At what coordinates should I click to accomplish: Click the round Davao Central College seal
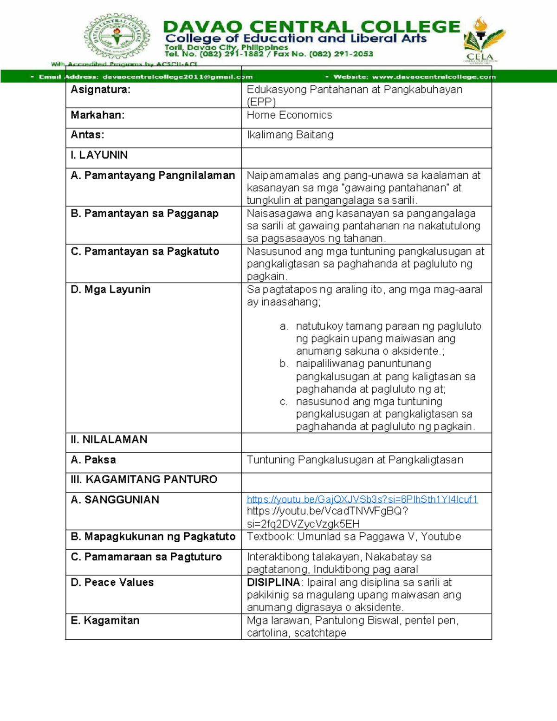[x=117, y=37]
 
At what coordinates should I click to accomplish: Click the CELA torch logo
[x=483, y=39]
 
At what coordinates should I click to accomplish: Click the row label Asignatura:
[x=101, y=90]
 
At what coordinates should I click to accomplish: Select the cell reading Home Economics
[x=289, y=115]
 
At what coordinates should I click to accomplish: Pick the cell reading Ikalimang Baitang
[x=290, y=135]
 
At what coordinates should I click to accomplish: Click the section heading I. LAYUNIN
[x=99, y=155]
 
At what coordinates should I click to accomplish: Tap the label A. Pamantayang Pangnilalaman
[x=153, y=175]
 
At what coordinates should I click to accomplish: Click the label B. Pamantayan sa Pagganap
[x=144, y=214]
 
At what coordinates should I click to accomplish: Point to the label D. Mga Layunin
[x=110, y=290]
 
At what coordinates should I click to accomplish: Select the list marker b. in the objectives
[x=284, y=364]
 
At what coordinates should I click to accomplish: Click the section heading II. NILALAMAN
[x=109, y=440]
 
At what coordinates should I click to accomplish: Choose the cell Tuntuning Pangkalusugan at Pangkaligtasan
[x=355, y=460]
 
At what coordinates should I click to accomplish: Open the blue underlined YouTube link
[x=362, y=499]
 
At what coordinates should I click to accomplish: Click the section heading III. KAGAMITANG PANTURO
[x=144, y=480]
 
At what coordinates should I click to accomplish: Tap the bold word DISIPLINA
[x=273, y=583]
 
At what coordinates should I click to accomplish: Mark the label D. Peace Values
[x=112, y=583]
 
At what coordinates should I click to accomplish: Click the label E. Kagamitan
[x=105, y=621]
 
